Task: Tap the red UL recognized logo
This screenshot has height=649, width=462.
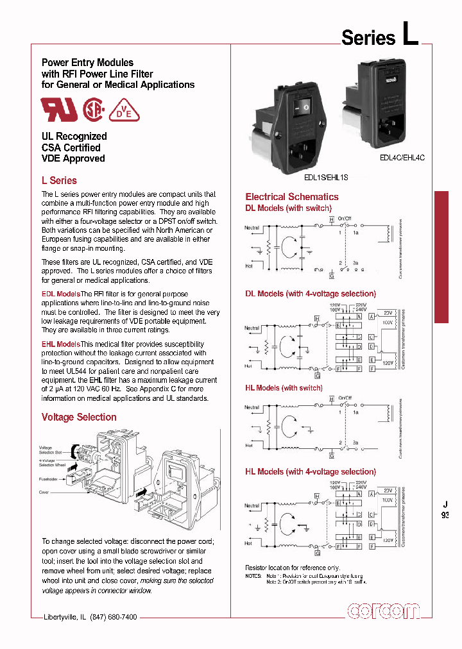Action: pos(59,110)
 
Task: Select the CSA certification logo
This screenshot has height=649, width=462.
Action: pos(94,110)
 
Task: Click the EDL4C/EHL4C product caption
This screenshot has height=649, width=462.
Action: pos(402,156)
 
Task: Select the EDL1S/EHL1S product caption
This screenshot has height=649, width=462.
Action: pos(326,176)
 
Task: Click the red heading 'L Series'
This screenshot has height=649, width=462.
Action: pos(59,181)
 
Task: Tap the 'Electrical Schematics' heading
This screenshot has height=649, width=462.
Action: pos(292,197)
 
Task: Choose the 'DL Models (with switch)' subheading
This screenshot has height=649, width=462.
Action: pos(288,208)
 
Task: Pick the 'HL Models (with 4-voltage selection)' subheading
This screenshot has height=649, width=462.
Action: pos(310,471)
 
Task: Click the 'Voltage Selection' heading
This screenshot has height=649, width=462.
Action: pos(79,417)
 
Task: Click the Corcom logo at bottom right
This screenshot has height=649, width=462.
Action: pos(383,612)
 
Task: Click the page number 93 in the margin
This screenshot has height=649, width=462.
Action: pos(445,515)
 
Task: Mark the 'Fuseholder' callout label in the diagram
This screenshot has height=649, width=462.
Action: pos(49,478)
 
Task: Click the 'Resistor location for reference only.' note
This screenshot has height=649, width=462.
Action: pos(292,568)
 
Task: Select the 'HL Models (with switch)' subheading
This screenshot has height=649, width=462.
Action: pos(284,388)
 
